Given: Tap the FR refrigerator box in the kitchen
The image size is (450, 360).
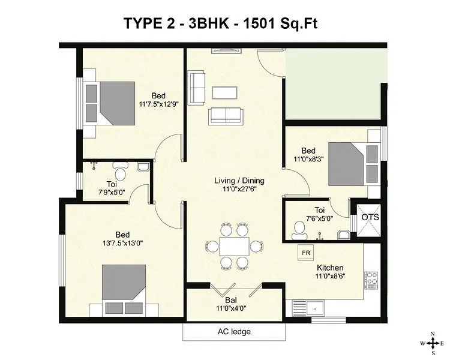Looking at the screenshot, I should (x=305, y=253).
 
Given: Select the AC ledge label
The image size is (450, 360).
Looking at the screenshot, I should (x=233, y=331).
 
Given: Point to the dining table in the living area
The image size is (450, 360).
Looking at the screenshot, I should (x=234, y=246).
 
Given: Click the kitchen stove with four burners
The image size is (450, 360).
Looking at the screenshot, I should (x=371, y=278).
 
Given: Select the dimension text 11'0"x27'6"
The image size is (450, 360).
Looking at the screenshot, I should (x=239, y=190).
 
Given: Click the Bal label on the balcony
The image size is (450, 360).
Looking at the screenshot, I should (x=231, y=300).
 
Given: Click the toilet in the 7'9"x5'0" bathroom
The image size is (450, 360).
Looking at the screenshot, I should (x=119, y=173).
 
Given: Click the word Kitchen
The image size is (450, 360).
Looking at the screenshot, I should (x=330, y=268).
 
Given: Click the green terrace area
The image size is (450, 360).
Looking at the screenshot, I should (x=333, y=84).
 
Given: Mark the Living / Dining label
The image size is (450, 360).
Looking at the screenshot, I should (x=239, y=181).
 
